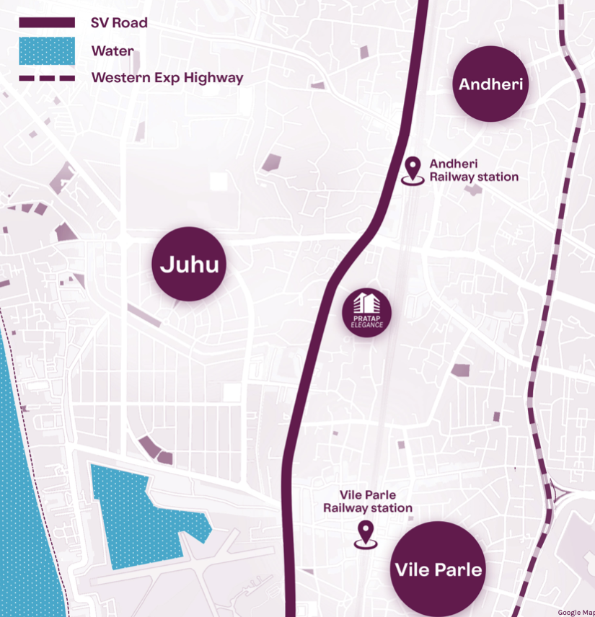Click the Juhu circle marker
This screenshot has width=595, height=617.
pos(190,265)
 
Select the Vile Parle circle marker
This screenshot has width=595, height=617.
pos(438,569)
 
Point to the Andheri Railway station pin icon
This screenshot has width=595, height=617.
pos(413,171)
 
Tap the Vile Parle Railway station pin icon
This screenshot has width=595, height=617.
pos(366,534)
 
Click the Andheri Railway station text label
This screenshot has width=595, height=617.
pos(473,171)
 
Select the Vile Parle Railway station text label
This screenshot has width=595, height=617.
pos(368,502)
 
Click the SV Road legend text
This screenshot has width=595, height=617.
pos(119,23)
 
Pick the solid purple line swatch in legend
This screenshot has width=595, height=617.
pos(47,23)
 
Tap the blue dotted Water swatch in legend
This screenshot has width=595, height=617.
pos(47,51)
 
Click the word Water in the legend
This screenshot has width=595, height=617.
pos(112,51)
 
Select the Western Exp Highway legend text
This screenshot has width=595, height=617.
pos(167,78)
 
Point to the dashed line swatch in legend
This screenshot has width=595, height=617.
pos(47,78)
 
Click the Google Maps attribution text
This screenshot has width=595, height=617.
pos(576,613)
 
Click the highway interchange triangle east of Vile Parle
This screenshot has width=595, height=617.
pos(559,495)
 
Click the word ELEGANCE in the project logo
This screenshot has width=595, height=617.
pos(366,324)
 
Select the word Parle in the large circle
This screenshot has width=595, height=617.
pos(459,570)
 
